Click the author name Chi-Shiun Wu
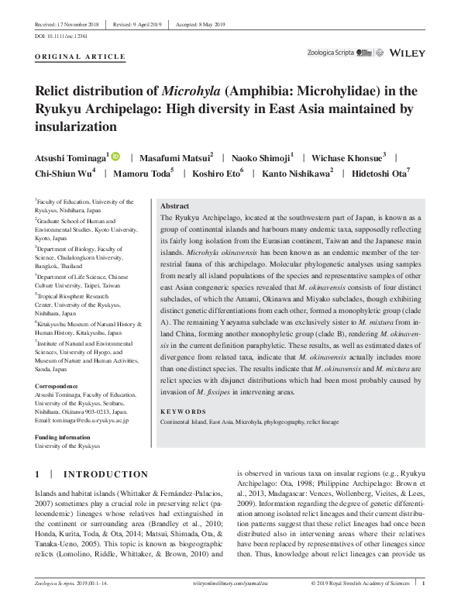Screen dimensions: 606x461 coord(64,174)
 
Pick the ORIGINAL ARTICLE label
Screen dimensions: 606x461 coord(81,57)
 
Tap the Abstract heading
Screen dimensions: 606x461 coord(174,207)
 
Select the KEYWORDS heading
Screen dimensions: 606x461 coord(184,411)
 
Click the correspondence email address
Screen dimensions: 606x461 coord(82,420)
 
